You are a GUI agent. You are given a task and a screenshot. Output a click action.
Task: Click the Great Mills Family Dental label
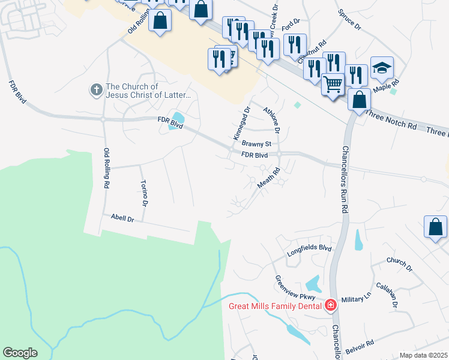click(276, 306)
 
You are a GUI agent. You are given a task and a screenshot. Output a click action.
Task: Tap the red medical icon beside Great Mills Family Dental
click(330, 306)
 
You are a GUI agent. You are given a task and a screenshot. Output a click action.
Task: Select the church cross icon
click(95, 90)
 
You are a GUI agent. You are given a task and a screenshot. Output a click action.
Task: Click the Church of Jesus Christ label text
click(148, 91)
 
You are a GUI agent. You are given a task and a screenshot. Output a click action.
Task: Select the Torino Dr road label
click(144, 193)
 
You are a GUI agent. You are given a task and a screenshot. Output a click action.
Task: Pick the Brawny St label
click(257, 144)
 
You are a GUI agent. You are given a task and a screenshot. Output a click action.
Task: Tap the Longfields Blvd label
click(309, 247)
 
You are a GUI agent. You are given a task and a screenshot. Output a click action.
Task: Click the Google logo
click(20, 353)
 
